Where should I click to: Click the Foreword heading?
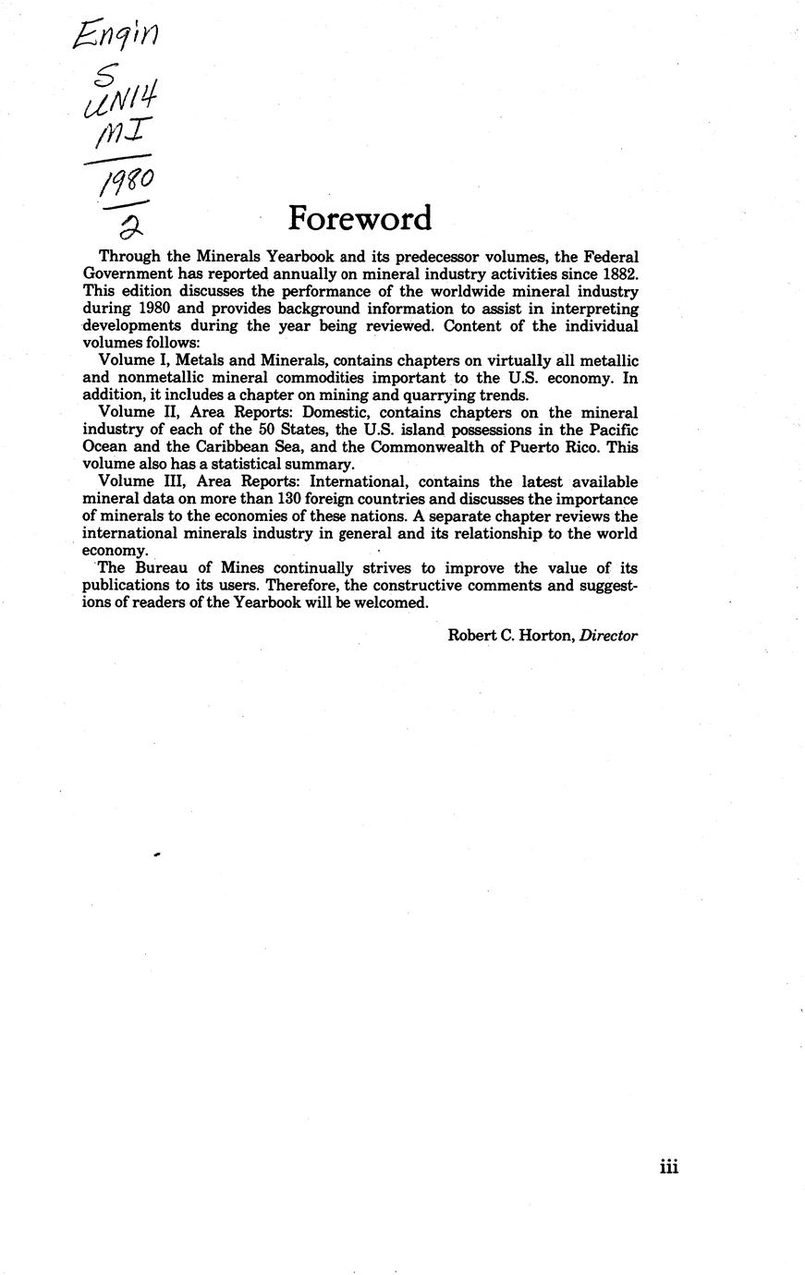[x=360, y=219]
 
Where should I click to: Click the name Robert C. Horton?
[x=511, y=635]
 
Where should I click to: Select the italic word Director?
[x=608, y=635]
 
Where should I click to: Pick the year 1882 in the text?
[x=618, y=273]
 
